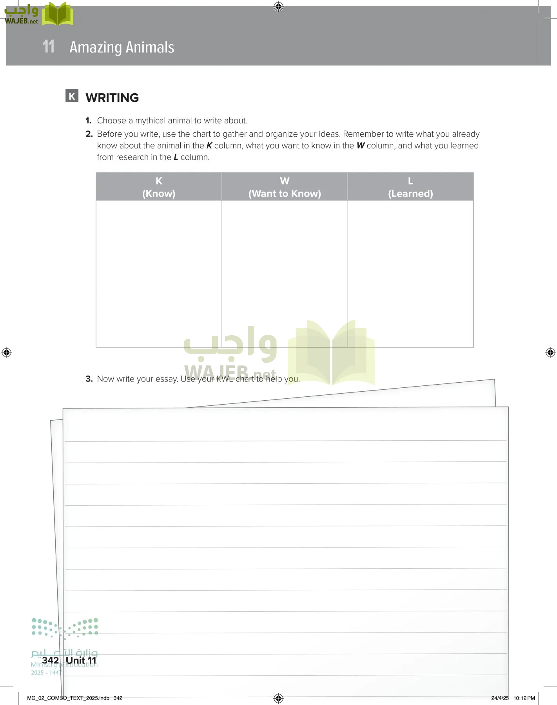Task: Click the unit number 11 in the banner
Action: pos(48,47)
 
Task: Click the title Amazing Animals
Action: pos(122,47)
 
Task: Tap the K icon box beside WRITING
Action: pos(72,96)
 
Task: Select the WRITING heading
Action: pos(112,98)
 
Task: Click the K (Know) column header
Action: pos(159,187)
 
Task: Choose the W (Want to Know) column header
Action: pos(285,187)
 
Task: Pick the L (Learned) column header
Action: pos(410,187)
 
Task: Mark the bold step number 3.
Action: pos(89,379)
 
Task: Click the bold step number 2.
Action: pos(89,134)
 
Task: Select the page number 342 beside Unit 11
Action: pos(50,660)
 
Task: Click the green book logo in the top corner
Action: pos(58,14)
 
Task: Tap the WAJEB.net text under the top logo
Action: pos(21,22)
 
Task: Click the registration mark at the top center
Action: pos(278,6)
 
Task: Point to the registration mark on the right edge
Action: pos(550,352)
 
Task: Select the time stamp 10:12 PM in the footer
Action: pos(524,698)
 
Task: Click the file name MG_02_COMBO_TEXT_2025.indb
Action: pos(68,698)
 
